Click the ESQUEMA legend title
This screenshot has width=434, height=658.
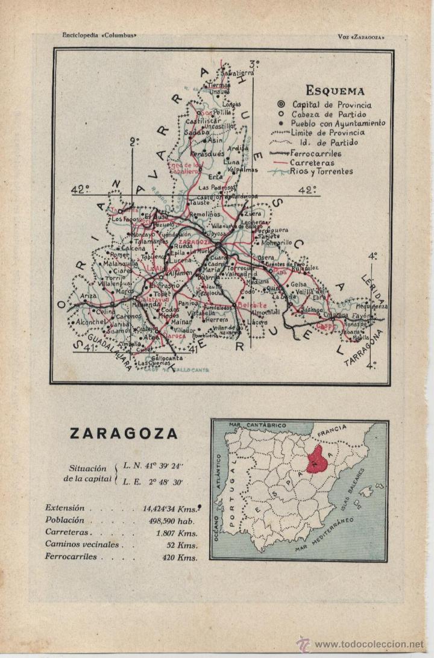335,92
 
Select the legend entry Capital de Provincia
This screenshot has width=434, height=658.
332,105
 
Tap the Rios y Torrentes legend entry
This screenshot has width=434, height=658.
321,172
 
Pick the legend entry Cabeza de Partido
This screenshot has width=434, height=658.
329,114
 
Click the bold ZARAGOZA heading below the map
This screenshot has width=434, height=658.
124,434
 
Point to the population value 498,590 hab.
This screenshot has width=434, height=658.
175,520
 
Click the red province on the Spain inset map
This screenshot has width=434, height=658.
318,461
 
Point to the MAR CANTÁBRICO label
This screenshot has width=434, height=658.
257,425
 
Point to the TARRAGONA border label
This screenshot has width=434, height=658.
372,349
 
